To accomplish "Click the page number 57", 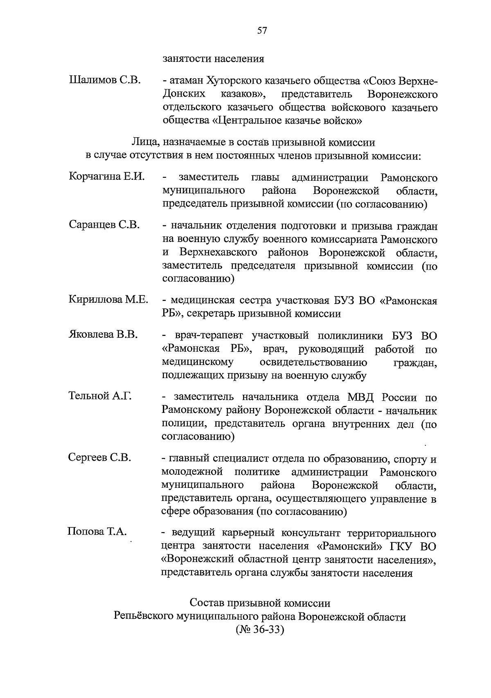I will [x=262, y=31].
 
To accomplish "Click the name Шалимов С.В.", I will [x=105, y=80].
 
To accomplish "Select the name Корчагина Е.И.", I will [x=107, y=177].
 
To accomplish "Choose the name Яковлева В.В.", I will [x=103, y=335].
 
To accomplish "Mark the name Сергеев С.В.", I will [x=99, y=458].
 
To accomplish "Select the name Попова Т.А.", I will [x=97, y=532].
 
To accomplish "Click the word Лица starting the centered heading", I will [x=142, y=143].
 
